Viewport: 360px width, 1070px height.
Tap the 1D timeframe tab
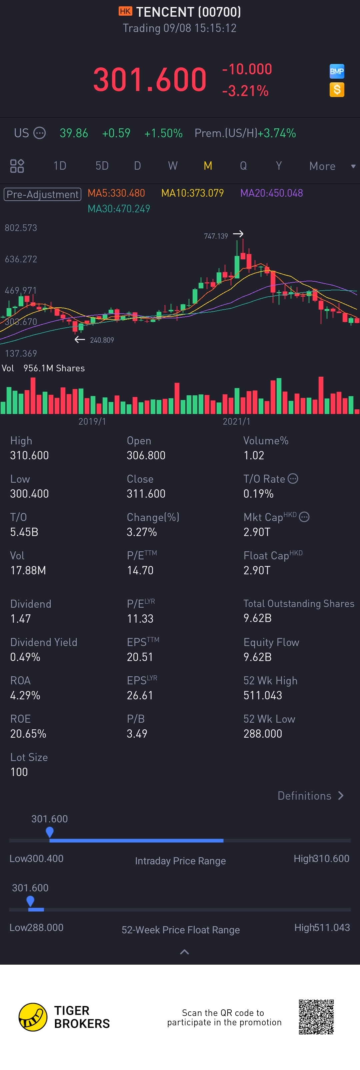click(60, 166)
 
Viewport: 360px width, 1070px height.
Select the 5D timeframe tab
click(102, 166)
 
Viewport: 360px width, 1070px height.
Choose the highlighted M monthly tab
click(208, 166)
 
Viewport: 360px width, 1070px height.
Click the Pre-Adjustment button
click(42, 194)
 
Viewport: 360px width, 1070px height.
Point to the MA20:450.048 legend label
click(272, 193)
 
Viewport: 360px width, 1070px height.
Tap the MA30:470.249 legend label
click(119, 209)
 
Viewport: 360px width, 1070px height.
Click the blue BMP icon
click(337, 71)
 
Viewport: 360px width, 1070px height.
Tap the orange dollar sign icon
click(337, 89)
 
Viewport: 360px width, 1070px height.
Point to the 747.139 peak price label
click(216, 236)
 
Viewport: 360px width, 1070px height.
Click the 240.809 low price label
click(102, 340)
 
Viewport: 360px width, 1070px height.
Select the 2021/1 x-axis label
click(236, 422)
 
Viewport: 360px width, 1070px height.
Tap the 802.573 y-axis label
click(21, 228)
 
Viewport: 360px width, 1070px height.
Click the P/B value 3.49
click(137, 734)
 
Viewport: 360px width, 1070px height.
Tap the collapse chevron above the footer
click(184, 952)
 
